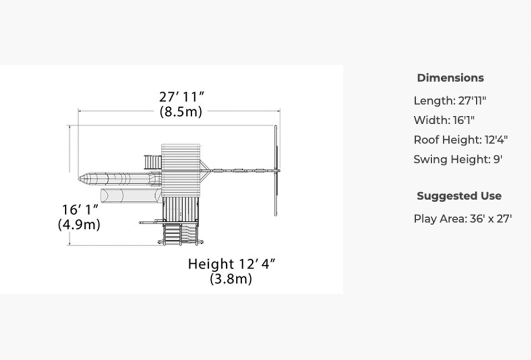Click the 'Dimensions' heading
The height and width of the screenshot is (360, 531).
tap(450, 78)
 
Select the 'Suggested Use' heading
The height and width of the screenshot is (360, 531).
tap(459, 196)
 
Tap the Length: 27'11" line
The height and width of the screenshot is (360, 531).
tap(450, 100)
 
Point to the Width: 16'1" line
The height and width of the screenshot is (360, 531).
tap(444, 120)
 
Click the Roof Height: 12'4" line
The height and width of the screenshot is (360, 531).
tap(460, 140)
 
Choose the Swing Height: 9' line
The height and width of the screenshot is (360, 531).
tap(458, 159)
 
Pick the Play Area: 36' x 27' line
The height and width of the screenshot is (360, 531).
tap(463, 219)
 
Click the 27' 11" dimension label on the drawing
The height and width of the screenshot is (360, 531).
tap(182, 97)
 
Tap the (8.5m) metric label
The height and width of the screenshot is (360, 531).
tap(181, 112)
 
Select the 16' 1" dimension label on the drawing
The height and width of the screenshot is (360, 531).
tap(80, 210)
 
